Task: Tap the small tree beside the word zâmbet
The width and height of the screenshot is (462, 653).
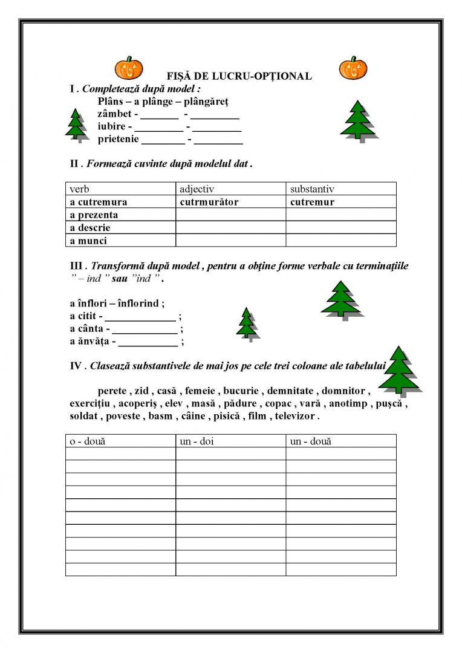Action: click(75, 125)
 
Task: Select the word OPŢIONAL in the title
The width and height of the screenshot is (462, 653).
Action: click(287, 77)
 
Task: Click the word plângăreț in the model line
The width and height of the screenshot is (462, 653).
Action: click(206, 100)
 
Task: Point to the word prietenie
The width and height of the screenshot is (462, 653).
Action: click(118, 139)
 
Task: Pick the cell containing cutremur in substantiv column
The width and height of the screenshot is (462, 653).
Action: click(312, 202)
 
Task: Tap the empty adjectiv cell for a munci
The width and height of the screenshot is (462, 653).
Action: click(230, 241)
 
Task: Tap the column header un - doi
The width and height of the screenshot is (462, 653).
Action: click(197, 441)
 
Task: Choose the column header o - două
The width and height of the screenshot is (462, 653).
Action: click(87, 441)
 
